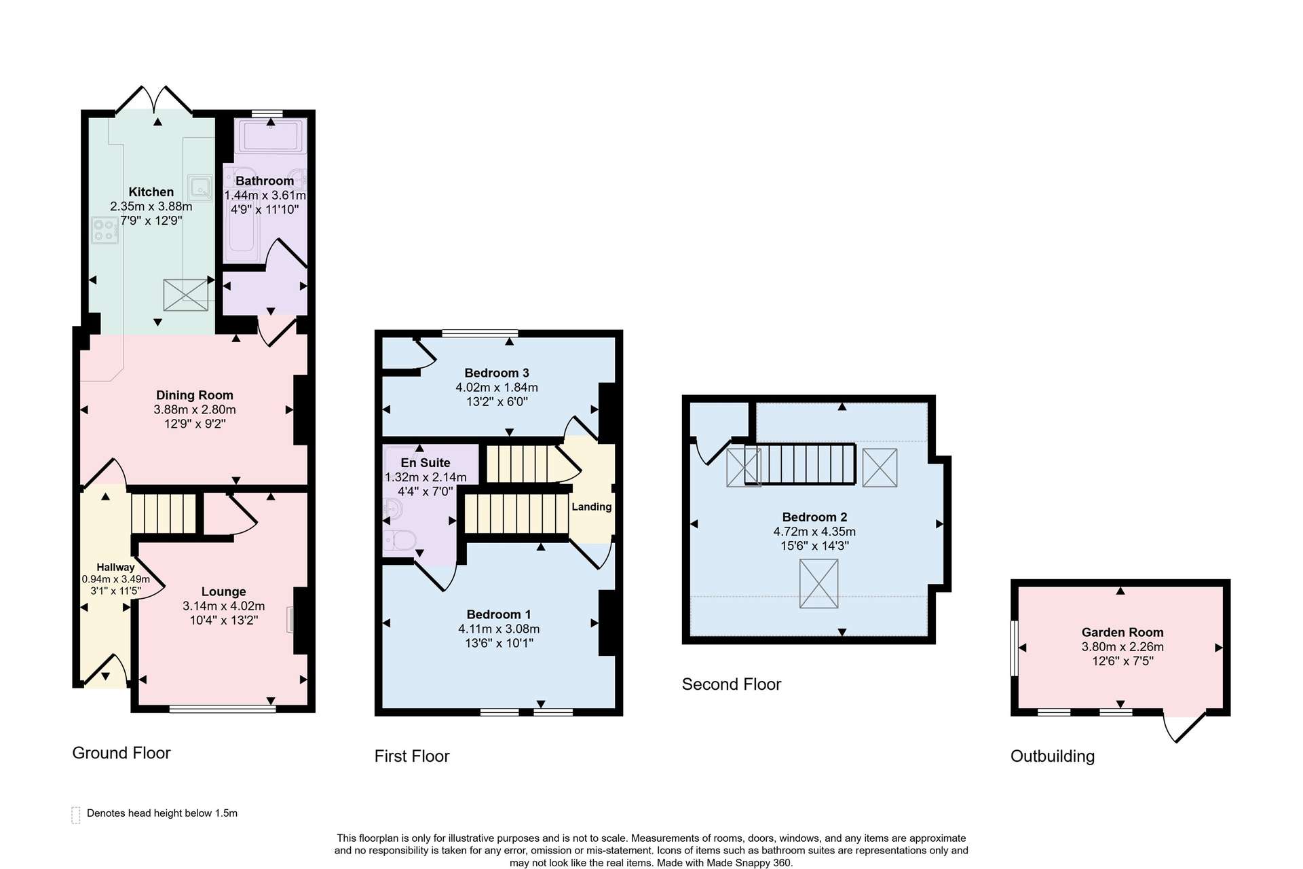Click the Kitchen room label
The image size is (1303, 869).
151,192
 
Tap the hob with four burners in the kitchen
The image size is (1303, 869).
105,230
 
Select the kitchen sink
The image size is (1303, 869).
200,187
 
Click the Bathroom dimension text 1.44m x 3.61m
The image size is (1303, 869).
265,196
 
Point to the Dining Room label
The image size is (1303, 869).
195,395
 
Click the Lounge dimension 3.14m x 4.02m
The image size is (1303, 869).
223,606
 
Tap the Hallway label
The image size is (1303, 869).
115,568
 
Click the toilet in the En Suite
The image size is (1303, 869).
400,541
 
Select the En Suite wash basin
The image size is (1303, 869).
392,507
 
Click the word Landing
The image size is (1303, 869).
592,507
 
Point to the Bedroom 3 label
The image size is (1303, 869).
497,373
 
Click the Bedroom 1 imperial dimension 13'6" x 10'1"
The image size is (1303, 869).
499,643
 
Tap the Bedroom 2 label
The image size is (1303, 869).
814,517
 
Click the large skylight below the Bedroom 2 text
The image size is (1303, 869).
819,584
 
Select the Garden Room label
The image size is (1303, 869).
1122,633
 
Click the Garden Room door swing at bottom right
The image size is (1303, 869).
1185,727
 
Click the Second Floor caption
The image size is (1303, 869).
732,684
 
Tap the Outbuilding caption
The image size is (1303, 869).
1053,756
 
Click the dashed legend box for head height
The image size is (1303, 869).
75,815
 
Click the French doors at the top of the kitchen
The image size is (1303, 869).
154,99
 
